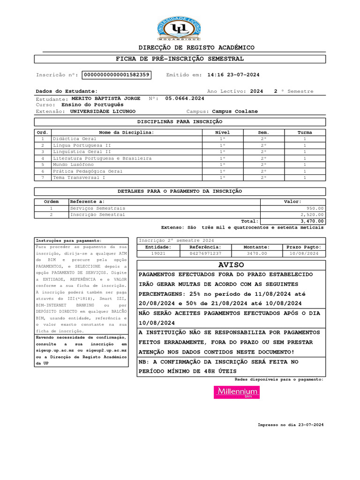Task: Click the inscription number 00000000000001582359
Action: tap(116, 75)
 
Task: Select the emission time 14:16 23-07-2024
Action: tap(233, 75)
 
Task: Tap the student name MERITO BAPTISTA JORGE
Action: tap(105, 98)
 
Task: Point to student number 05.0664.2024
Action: tap(185, 98)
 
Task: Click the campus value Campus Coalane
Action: tap(235, 112)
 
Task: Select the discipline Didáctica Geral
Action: tap(75, 139)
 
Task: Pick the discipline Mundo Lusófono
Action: tap(74, 165)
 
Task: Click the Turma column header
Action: tap(305, 133)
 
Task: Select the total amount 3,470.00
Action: tap(312, 221)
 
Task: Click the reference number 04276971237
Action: tap(205, 253)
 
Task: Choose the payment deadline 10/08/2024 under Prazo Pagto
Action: tap(304, 253)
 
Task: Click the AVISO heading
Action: tap(232, 265)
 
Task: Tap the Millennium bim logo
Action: tap(236, 392)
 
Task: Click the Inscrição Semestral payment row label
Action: tap(97, 215)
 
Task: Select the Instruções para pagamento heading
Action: tap(68, 240)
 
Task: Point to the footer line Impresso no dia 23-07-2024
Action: tap(291, 425)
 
